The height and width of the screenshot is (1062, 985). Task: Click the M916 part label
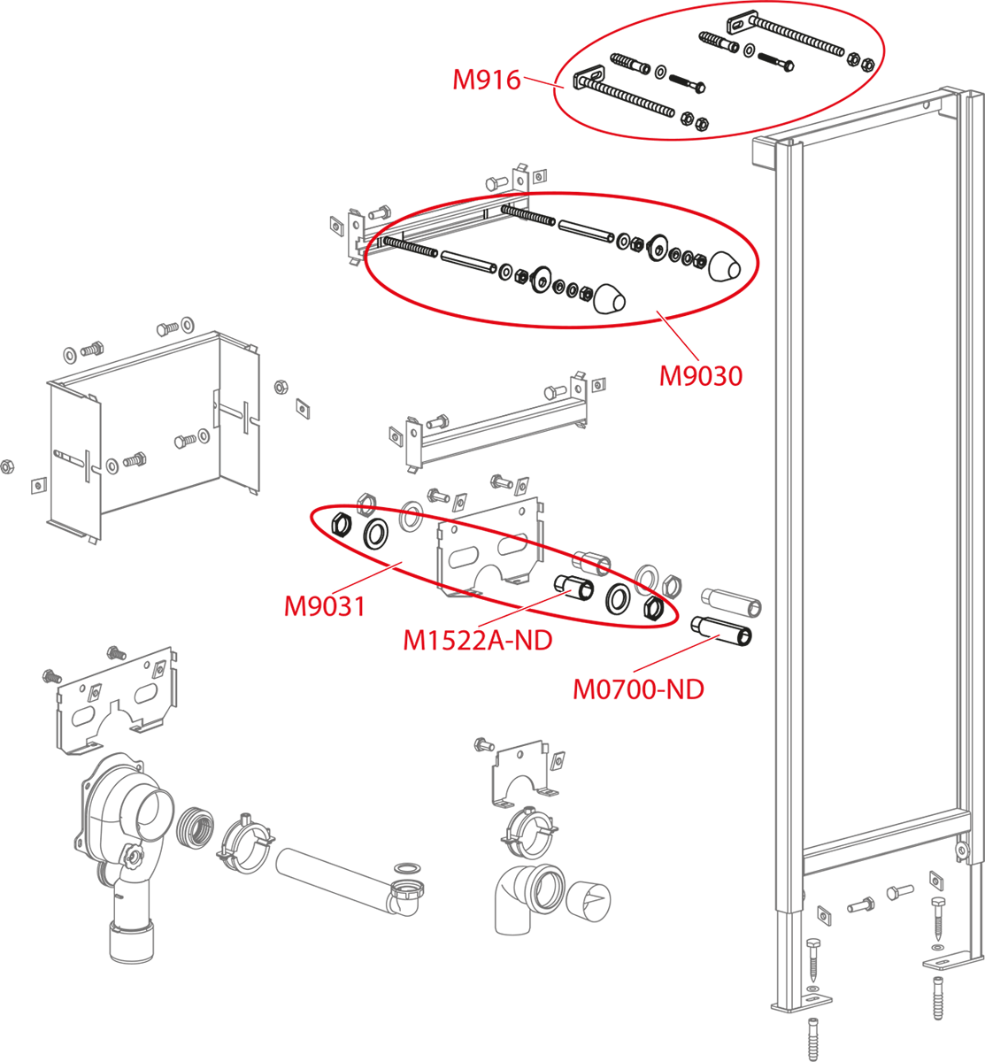point(486,81)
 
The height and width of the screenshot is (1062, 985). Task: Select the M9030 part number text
point(701,375)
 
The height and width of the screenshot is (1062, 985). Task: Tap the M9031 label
point(325,606)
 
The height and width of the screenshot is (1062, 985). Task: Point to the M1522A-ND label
point(478,640)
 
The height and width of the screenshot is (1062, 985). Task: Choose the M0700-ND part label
point(638,689)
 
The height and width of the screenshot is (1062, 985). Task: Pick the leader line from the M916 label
point(543,82)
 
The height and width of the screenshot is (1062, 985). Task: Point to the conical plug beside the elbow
point(588,901)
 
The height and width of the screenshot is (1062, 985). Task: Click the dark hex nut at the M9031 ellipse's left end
point(342,524)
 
